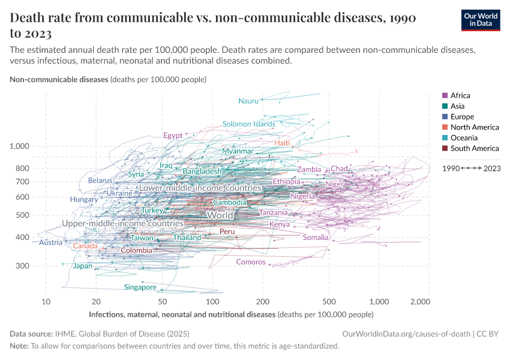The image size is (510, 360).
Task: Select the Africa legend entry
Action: [460, 95]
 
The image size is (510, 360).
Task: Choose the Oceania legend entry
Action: [462, 138]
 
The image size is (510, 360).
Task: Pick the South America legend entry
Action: [474, 148]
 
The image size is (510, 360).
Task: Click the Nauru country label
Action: [248, 101]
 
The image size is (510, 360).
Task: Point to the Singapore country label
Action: [140, 287]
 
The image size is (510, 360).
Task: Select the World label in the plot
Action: [220, 215]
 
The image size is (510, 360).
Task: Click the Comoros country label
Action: [251, 262]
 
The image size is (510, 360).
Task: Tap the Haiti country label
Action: [283, 143]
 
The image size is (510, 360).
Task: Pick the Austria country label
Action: [50, 242]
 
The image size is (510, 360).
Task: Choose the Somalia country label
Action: [316, 238]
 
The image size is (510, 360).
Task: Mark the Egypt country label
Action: [173, 136]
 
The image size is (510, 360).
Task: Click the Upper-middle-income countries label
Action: [122, 223]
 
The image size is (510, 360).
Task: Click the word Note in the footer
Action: [20, 346]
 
